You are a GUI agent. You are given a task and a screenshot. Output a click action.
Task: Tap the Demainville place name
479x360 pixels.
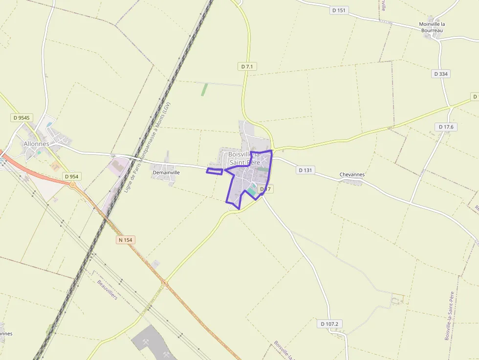[166, 172]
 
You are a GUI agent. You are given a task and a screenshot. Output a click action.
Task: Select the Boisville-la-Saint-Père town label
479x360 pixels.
[244, 158]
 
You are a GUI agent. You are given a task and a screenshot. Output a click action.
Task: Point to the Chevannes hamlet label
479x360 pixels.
[352, 174]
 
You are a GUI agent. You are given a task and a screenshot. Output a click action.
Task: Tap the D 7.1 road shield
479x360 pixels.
[248, 66]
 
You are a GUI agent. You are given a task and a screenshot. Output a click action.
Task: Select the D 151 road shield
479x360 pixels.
[338, 10]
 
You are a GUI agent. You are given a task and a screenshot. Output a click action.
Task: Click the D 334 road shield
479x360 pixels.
[441, 74]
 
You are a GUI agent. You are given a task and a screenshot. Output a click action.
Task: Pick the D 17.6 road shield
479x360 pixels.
[446, 127]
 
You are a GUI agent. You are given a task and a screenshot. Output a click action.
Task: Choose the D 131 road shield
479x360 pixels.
[305, 170]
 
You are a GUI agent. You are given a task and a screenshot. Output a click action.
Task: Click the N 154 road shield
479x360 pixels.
[126, 240]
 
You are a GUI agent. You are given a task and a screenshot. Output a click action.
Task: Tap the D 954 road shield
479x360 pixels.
[71, 176]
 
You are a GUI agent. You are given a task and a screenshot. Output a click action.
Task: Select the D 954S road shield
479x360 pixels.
[22, 118]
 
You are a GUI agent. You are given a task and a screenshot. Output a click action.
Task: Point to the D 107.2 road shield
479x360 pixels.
[329, 324]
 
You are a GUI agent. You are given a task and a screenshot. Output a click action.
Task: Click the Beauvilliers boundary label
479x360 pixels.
[107, 290]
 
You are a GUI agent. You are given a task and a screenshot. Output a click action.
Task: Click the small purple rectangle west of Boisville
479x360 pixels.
[215, 171]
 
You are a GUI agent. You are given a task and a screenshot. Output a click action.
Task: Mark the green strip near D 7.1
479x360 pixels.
[204, 89]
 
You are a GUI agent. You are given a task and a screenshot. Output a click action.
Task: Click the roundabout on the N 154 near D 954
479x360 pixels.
[73, 185]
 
